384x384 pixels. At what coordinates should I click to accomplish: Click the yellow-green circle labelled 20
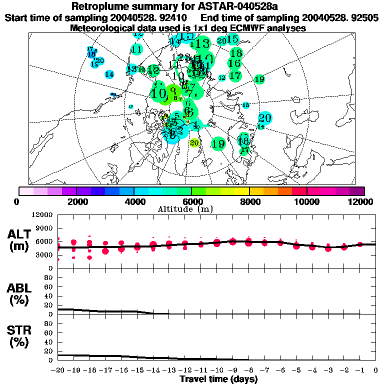tap(194, 142)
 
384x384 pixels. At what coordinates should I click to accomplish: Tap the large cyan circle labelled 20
tap(264, 118)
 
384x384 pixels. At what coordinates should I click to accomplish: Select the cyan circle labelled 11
tap(136, 49)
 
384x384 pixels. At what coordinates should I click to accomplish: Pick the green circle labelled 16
tap(234, 63)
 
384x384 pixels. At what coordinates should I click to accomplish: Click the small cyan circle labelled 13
tap(245, 105)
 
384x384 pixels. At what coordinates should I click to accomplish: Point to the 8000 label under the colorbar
tap(249, 201)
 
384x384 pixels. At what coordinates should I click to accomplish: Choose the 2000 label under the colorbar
tap(76, 201)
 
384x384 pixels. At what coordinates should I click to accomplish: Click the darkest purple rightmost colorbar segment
tap(356, 190)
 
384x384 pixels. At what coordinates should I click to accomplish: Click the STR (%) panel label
tap(19, 336)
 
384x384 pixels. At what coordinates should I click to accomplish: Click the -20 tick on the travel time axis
tap(58, 370)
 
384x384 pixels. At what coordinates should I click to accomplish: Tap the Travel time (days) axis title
tap(218, 379)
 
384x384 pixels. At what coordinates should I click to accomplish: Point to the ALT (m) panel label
tap(19, 240)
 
